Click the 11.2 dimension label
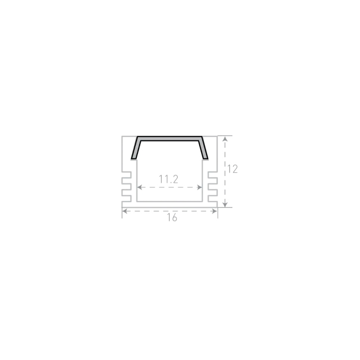point(169,179)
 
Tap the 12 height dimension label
point(232,169)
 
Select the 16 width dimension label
point(172,217)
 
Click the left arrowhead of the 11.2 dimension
point(139,187)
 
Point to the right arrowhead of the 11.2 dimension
point(200,187)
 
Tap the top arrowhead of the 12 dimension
point(225,138)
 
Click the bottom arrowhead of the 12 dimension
point(225,204)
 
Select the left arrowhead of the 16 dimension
point(125,211)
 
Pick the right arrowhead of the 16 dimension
point(214,211)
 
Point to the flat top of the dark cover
point(169,138)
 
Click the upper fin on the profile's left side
point(126,180)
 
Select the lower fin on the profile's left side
point(126,192)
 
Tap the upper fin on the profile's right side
point(213,180)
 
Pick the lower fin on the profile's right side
point(213,192)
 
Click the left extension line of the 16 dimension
point(122,213)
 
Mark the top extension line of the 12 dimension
point(225,136)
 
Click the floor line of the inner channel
point(169,201)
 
